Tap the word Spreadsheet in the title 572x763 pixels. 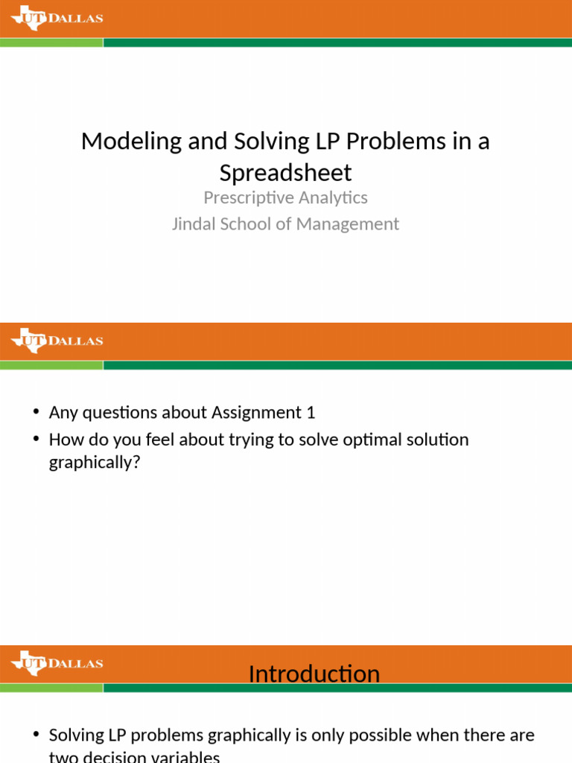click(x=285, y=173)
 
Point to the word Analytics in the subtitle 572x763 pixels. click(x=332, y=197)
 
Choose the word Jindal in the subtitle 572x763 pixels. click(x=194, y=224)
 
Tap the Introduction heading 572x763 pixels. click(x=314, y=674)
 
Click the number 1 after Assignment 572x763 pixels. click(x=321, y=412)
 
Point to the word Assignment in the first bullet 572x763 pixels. click(x=261, y=412)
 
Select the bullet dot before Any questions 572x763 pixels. click(x=36, y=413)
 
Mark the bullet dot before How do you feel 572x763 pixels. click(x=36, y=440)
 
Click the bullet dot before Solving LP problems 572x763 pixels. click(x=36, y=736)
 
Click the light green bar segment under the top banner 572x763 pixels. click(x=51, y=42)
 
